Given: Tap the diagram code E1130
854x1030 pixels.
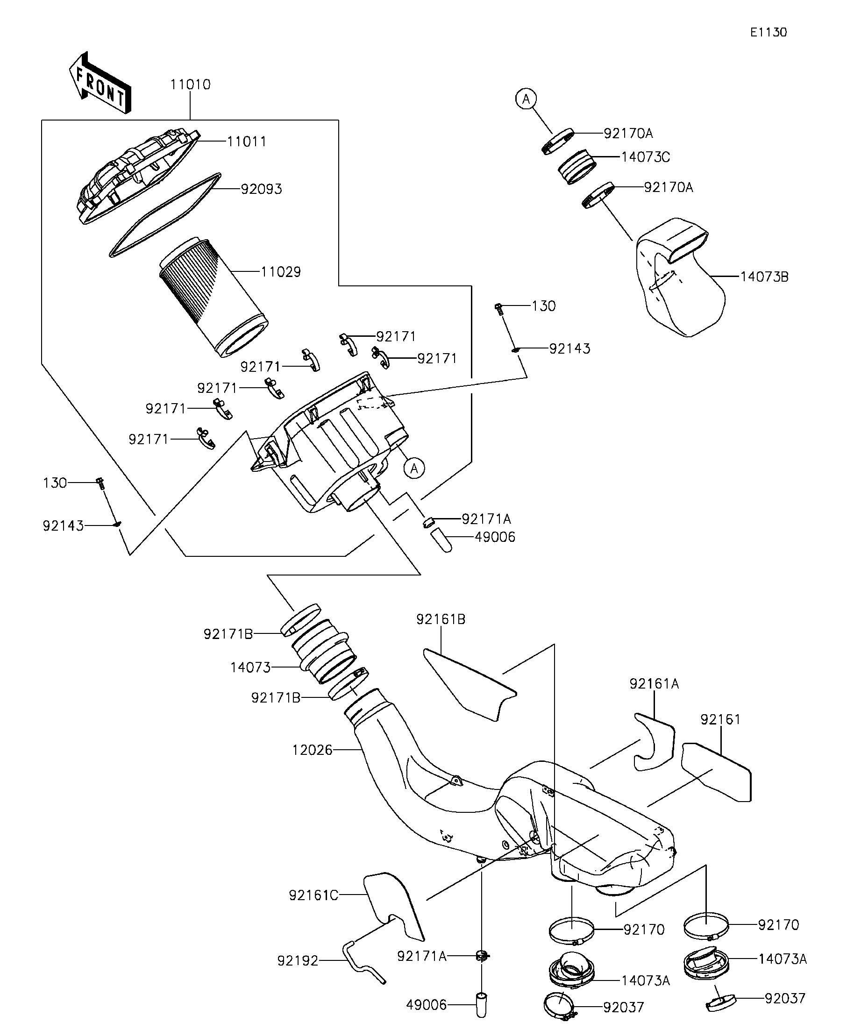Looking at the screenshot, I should [768, 32].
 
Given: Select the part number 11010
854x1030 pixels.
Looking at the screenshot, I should [190, 85].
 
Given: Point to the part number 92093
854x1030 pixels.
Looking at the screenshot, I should [262, 189].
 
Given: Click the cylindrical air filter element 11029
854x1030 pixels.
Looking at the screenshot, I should [213, 297].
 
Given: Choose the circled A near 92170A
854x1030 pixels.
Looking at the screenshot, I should [526, 99].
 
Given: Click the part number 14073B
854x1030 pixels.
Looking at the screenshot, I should [764, 277].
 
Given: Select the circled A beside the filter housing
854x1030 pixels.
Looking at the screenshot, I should [414, 469].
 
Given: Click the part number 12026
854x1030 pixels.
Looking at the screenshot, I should [313, 750].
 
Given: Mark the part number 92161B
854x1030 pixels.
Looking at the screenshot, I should [441, 619].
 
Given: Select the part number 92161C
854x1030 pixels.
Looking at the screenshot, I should [313, 895].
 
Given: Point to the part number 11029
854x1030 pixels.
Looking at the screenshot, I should [281, 272].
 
